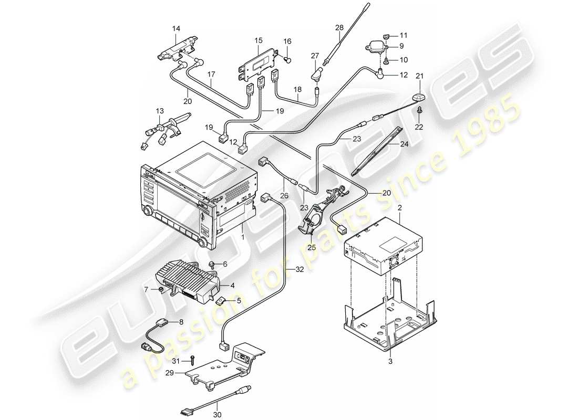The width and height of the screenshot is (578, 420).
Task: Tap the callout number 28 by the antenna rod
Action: click(x=339, y=27)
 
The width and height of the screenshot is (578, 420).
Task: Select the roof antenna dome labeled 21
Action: click(x=419, y=98)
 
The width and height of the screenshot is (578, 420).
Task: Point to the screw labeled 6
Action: click(x=211, y=265)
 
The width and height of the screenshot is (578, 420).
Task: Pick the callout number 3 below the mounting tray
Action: click(x=390, y=361)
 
